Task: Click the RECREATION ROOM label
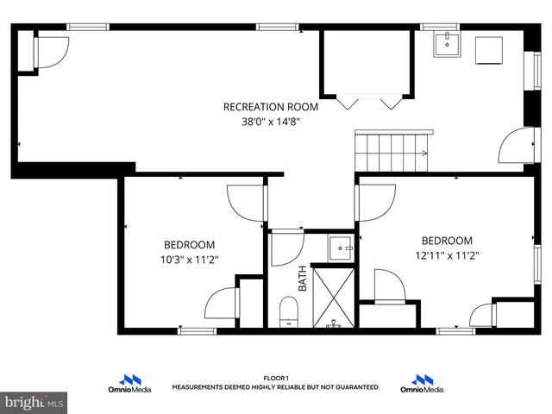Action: point(271,107)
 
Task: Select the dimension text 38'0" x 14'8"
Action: point(271,122)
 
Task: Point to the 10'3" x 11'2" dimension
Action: point(190,259)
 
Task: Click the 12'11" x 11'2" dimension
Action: point(447,255)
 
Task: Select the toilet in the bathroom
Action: point(288,311)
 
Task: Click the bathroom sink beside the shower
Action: point(342,248)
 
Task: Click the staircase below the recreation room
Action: point(393,152)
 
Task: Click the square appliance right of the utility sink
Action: point(489,50)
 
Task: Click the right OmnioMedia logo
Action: point(422,384)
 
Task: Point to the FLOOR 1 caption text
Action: point(275,378)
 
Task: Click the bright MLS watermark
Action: point(34,402)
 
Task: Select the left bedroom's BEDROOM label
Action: point(190,245)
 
